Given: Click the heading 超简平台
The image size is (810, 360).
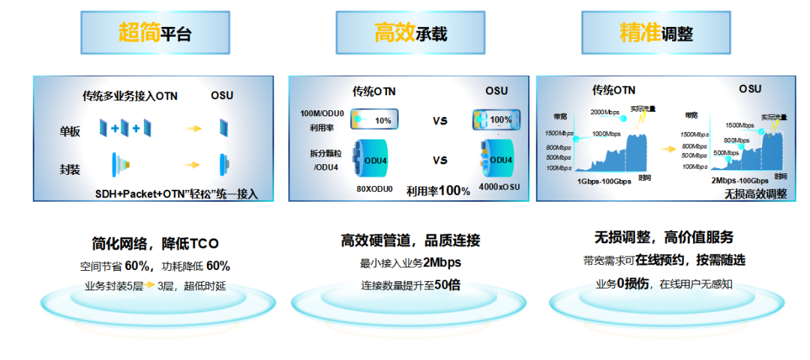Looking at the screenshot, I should coord(154,33).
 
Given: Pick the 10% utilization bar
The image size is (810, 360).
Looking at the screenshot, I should coord(374,120).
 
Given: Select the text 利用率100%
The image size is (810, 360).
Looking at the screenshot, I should coord(438,190).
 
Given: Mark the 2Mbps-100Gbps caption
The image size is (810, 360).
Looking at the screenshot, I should coord(739,181).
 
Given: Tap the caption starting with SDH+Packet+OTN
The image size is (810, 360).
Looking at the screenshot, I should coord(176,193).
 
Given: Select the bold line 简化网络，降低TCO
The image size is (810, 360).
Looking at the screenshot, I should coord(155,244).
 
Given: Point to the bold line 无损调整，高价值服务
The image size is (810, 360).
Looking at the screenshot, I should coord(664,238).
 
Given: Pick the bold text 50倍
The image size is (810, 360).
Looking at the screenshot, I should coord(447,284).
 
